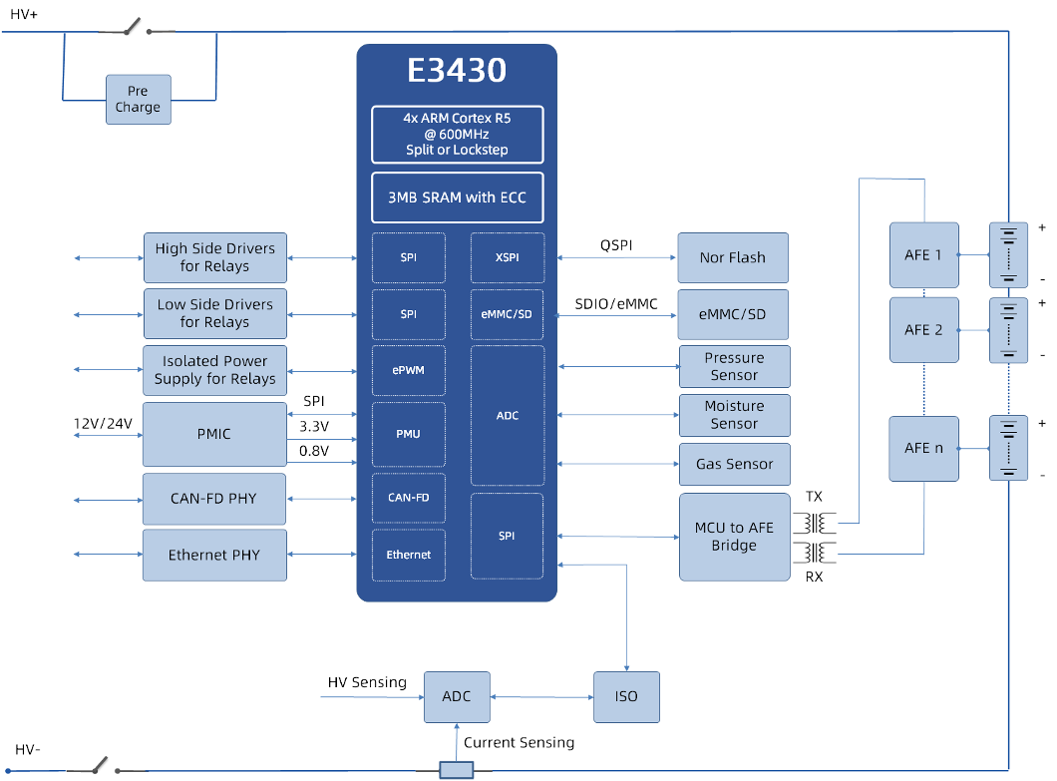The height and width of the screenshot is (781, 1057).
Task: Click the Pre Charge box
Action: point(138,100)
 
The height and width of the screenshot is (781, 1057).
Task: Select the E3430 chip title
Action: point(457,71)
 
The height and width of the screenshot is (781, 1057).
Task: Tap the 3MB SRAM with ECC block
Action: point(457,197)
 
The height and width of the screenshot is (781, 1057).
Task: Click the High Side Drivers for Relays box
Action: point(214,257)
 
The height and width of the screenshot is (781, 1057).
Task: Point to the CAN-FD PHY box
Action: point(213,499)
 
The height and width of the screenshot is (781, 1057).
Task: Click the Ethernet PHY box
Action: point(213,555)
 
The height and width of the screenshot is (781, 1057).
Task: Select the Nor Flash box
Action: point(732,257)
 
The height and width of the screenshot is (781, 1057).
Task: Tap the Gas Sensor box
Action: point(734,464)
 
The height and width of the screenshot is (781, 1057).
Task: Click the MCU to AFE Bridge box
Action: point(733,537)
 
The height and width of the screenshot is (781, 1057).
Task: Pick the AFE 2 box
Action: point(923,330)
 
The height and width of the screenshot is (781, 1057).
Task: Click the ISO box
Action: point(626,696)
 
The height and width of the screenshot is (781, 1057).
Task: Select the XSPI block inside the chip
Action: point(508,257)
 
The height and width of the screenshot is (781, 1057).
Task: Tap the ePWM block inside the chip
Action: point(408,370)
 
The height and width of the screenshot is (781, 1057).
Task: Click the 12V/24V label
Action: point(103,424)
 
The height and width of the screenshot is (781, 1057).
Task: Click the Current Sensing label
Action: point(519,742)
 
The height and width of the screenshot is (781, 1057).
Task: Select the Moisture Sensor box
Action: point(734,415)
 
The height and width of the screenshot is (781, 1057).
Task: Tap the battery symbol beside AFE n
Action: point(1008,448)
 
